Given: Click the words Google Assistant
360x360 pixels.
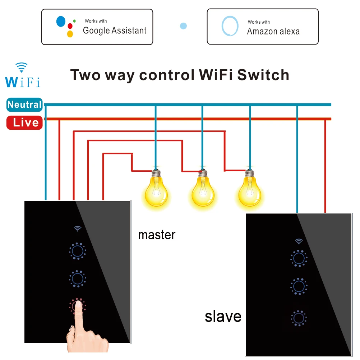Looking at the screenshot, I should click(115, 31).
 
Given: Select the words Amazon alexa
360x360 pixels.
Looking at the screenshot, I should click(273, 31).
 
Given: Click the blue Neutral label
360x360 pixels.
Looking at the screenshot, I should click(24, 105).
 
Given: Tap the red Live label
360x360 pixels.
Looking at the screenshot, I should click(25, 123).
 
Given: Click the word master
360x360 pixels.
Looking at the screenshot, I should click(157, 235).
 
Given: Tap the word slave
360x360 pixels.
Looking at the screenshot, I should click(223, 317).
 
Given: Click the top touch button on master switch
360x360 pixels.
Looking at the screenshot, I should click(77, 251).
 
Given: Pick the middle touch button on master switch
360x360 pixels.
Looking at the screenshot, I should click(77, 278).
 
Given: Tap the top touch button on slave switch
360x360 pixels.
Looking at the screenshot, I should click(298, 258).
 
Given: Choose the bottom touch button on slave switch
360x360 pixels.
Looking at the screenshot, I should click(298, 318).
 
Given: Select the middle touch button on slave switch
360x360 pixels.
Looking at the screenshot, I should click(298, 286).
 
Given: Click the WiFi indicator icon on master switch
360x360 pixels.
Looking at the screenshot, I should click(77, 229).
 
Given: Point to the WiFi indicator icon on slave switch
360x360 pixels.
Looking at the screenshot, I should click(298, 241).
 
